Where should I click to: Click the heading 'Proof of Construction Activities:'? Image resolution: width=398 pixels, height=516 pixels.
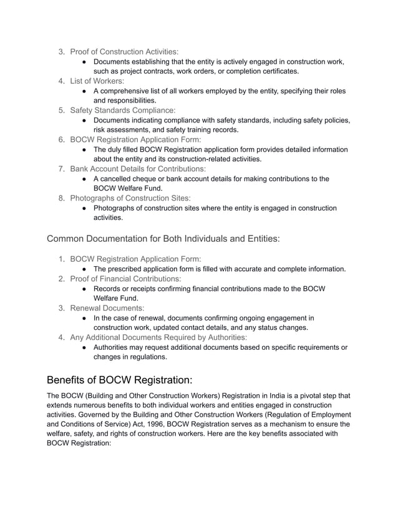[124, 51]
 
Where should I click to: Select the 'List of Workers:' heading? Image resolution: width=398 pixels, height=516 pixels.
[97, 81]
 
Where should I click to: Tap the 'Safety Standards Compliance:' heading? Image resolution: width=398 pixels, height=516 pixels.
[122, 110]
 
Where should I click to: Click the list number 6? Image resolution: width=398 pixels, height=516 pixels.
[62, 139]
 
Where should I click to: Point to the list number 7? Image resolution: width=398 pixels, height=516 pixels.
[62, 169]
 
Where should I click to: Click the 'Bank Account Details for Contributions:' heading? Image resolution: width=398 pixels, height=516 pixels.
[138, 169]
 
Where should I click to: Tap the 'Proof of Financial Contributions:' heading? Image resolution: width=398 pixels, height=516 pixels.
[125, 279]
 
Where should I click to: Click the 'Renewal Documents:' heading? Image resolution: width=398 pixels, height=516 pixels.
[107, 308]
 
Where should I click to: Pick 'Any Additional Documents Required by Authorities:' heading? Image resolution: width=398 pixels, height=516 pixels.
[158, 337]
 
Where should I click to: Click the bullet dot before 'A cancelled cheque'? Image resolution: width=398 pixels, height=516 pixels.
[85, 179]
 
